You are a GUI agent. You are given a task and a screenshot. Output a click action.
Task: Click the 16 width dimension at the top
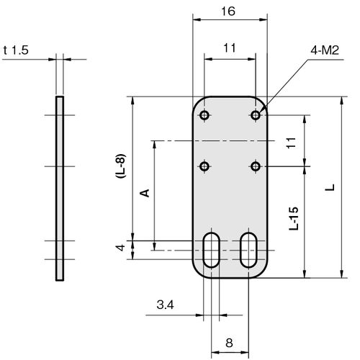click(228, 12)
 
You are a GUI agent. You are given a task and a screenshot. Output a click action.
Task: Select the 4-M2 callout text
click(325, 50)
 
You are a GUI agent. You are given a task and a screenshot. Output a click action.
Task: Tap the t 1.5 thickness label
click(16, 50)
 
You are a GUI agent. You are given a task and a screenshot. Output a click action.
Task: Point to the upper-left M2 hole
click(204, 115)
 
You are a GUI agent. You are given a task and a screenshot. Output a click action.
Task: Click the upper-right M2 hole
click(256, 115)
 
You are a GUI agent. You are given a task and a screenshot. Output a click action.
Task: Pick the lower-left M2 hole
click(204, 166)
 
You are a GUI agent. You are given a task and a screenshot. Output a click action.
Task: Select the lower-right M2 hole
click(256, 166)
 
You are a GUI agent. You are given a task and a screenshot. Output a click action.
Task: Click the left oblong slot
click(211, 250)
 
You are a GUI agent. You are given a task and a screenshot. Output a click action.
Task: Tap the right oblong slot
click(248, 250)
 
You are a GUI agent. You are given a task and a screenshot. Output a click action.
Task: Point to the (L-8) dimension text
click(121, 166)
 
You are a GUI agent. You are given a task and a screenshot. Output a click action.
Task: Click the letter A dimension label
click(145, 193)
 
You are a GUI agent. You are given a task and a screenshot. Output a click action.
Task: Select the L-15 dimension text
click(294, 218)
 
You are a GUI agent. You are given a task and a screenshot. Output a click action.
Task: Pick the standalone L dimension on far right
click(330, 187)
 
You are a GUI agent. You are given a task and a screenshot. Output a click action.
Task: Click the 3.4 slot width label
click(165, 305)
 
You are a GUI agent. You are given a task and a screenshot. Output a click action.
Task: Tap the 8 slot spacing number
click(229, 343)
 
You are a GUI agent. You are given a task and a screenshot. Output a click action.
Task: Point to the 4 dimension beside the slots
click(121, 248)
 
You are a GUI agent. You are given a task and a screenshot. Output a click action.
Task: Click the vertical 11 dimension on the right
click(291, 143)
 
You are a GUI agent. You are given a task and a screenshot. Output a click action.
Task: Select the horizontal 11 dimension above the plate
click(230, 48)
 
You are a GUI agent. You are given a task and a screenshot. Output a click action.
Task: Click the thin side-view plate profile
click(60, 189)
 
